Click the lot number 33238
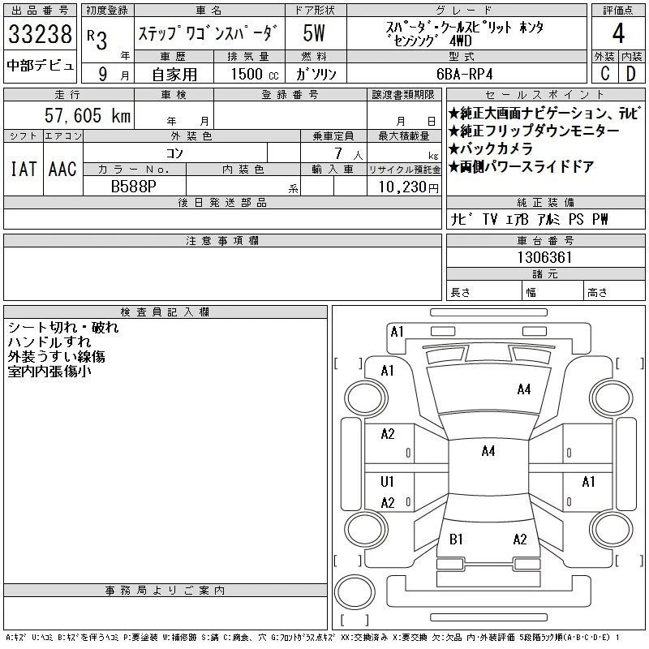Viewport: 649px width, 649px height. point(40,34)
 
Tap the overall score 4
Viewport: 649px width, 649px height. point(618,33)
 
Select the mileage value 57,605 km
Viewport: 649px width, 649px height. point(88,115)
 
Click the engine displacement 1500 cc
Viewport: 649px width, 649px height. point(255,74)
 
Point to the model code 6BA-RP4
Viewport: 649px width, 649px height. point(464,74)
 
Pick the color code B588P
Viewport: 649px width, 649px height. point(134,187)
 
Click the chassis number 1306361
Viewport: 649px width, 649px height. point(544,257)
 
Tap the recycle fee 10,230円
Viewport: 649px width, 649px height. point(408,187)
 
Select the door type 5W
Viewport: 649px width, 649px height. point(314,33)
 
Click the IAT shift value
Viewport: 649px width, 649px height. point(24,169)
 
